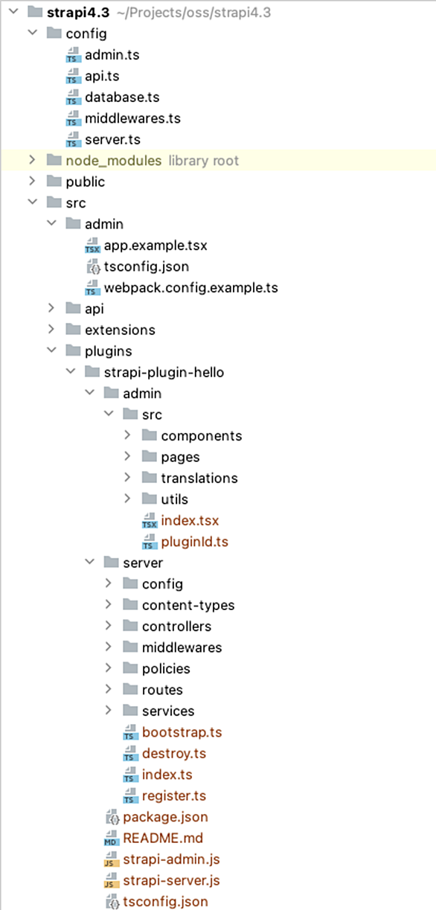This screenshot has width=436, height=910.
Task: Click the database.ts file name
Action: (x=122, y=97)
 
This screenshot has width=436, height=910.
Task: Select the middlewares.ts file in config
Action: (x=132, y=118)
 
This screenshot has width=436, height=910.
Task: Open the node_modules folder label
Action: (x=114, y=161)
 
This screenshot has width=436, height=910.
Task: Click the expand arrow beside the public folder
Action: (x=32, y=182)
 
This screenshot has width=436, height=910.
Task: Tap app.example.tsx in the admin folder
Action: (x=156, y=246)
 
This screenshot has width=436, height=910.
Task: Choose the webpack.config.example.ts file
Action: (x=191, y=288)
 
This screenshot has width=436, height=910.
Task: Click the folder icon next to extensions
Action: (x=73, y=329)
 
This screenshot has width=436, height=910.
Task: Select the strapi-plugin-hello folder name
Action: (x=164, y=372)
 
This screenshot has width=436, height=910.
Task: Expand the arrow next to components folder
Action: (x=127, y=435)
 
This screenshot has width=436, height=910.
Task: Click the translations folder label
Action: (x=199, y=478)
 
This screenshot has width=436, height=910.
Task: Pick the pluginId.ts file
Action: (x=195, y=542)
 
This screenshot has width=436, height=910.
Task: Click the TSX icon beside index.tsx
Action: (x=150, y=520)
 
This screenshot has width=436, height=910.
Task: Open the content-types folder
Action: (x=188, y=606)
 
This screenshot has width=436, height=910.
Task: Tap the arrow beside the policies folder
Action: (x=108, y=668)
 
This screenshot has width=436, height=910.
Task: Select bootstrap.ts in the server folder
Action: (x=182, y=732)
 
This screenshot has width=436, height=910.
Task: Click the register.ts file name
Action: (x=174, y=795)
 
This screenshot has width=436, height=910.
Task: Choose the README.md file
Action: (x=163, y=838)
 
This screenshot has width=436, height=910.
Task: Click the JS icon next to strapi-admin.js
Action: (x=112, y=859)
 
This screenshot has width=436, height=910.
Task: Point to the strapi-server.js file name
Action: (x=171, y=880)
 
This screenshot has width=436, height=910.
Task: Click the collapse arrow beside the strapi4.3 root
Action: (x=13, y=12)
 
